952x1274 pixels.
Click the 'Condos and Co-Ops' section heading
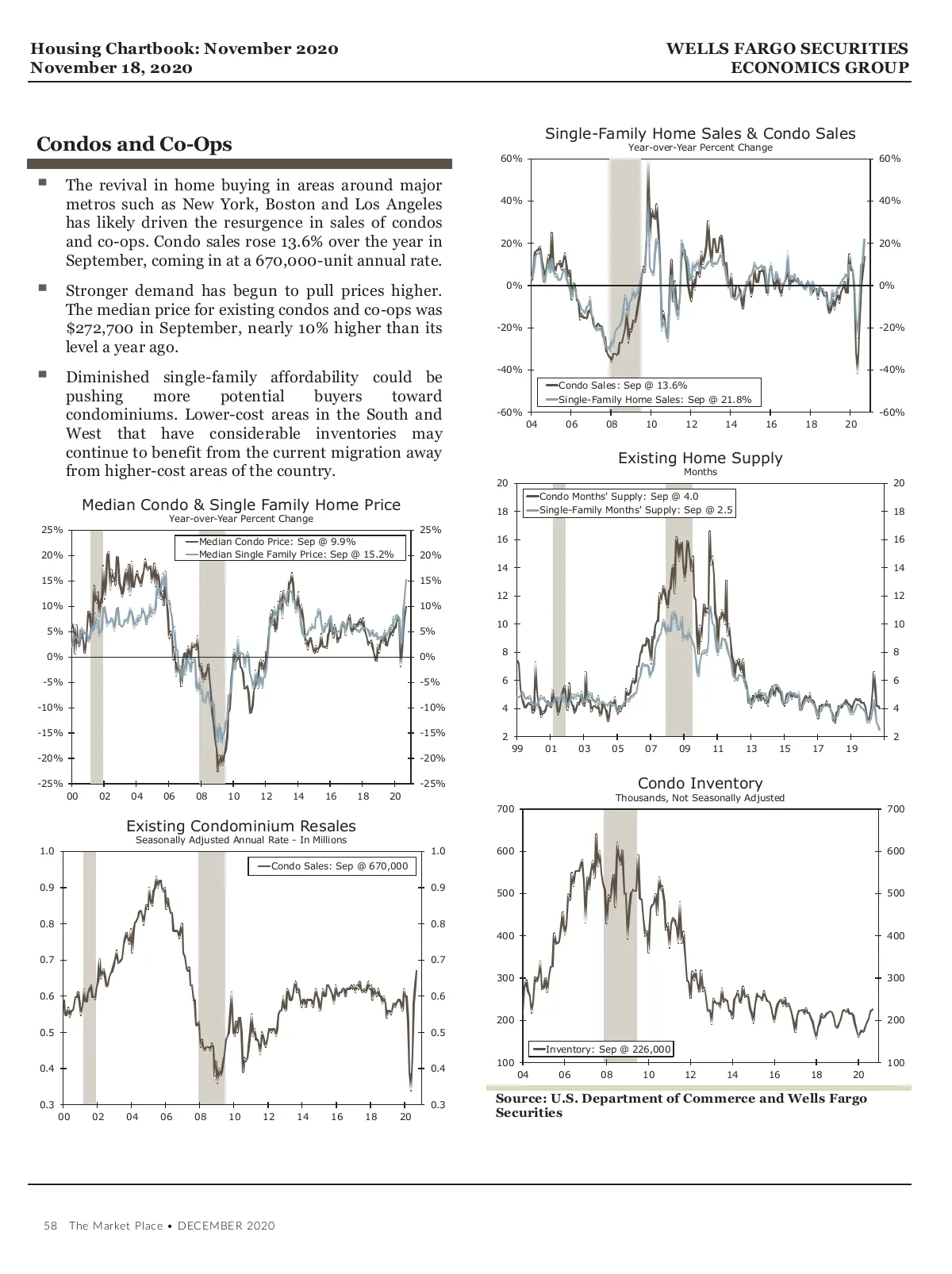[134, 144]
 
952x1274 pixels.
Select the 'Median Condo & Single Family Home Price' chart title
[241, 505]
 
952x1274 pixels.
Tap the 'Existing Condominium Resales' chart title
[241, 827]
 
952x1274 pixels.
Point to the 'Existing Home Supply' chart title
[700, 459]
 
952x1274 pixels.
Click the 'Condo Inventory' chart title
[700, 784]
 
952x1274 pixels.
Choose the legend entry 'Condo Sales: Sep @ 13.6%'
[622, 386]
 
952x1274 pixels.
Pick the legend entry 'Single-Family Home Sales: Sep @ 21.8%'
[654, 400]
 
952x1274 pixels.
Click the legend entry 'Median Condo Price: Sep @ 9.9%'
[277, 542]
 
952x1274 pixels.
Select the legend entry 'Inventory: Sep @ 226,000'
[608, 1050]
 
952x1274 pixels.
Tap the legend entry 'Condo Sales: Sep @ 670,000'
[339, 866]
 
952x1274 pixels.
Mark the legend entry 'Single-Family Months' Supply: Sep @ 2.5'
[635, 510]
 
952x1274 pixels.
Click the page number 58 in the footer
[51, 1226]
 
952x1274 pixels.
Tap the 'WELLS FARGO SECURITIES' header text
[787, 49]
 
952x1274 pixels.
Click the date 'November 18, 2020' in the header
[111, 68]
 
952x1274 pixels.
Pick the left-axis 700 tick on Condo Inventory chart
[505, 809]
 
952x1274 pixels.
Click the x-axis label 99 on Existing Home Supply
[517, 749]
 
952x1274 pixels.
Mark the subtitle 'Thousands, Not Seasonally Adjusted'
[700, 798]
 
